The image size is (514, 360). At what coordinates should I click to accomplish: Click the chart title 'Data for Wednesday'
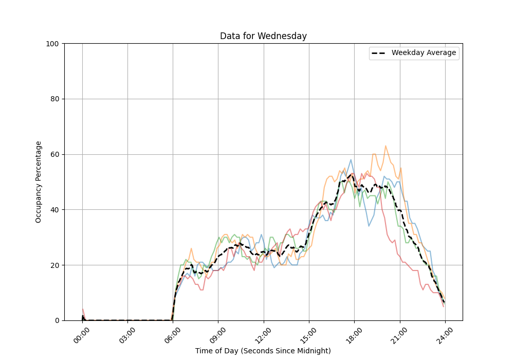[x=263, y=36]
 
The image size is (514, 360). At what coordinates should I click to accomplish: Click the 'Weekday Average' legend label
[x=424, y=53]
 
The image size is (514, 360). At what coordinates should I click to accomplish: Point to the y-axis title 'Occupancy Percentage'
[x=39, y=182]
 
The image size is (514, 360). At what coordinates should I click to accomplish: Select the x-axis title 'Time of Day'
[x=263, y=351]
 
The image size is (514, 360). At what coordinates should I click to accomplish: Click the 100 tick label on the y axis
[x=52, y=44]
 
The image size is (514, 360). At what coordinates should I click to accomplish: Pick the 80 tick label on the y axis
[x=54, y=99]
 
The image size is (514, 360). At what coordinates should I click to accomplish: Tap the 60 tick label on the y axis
[x=54, y=154]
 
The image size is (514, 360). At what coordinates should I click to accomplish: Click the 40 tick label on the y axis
[x=54, y=210]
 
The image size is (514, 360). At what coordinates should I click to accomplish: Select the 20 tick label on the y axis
[x=54, y=265]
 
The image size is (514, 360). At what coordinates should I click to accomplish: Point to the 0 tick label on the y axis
[x=56, y=320]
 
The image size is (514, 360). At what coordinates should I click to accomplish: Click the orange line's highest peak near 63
[x=385, y=146]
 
